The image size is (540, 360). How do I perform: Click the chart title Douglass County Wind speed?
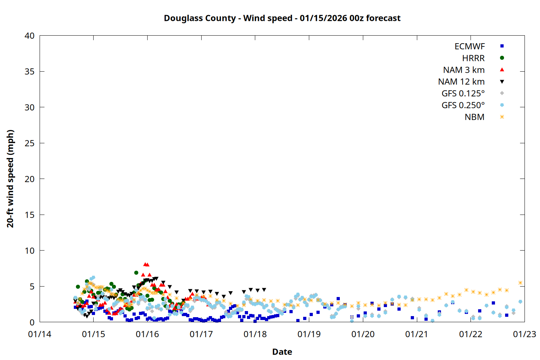282,18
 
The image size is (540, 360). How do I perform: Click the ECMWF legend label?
469,46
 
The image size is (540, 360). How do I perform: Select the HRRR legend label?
473,58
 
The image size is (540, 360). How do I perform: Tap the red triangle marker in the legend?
502,69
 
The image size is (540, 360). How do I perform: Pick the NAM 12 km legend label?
461,82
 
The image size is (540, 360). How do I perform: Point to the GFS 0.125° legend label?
463,94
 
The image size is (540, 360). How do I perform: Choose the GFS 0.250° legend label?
463,105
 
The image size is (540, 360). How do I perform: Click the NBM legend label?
474,117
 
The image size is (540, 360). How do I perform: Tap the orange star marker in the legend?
502,117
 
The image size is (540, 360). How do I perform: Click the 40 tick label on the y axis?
30,36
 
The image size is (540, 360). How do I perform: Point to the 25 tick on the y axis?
30,143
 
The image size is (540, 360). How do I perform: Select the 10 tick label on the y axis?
30,251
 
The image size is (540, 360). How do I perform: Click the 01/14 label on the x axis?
40,334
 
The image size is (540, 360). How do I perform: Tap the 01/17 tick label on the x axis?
201,334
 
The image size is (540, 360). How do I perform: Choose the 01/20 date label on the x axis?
363,334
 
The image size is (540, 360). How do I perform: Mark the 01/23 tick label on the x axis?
524,334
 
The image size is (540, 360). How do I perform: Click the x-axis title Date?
282,352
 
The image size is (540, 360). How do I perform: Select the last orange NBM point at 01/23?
520,283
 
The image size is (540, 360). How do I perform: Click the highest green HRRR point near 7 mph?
136,273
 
